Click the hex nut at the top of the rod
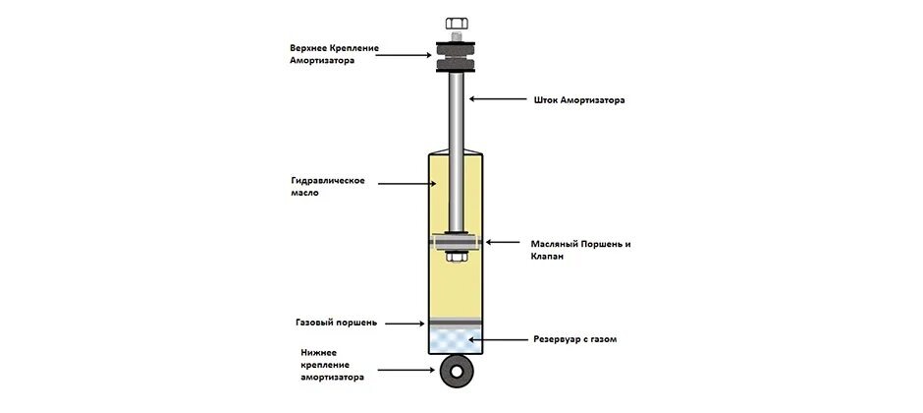point(457,24)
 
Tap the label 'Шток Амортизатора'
point(577,100)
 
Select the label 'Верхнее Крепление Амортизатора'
point(335,54)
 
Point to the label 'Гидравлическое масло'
point(328,186)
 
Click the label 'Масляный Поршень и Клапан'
point(580,250)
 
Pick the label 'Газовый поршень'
point(336,324)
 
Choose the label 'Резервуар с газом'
point(575,339)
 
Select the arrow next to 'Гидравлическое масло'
point(407,184)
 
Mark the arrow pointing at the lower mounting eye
point(407,371)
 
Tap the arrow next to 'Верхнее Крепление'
point(404,55)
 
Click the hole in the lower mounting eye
point(457,372)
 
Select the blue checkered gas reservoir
point(457,340)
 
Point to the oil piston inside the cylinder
point(457,242)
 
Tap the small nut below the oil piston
point(457,256)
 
